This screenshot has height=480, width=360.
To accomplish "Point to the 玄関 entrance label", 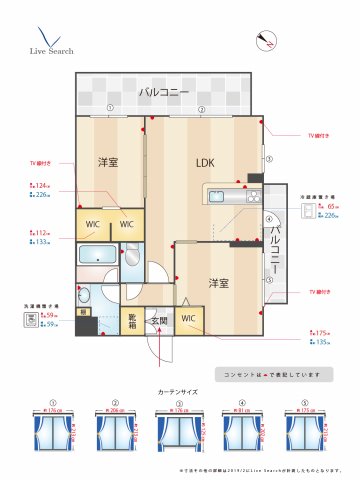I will click(x=158, y=322).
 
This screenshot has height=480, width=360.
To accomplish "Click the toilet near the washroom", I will click(x=85, y=296).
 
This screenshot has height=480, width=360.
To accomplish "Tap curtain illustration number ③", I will click(x=179, y=432).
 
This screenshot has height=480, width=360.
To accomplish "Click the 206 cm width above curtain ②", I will click(x=120, y=410).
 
